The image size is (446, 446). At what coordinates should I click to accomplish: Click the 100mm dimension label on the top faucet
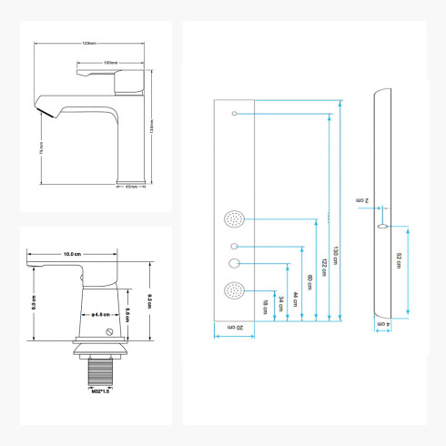click(x=110, y=63)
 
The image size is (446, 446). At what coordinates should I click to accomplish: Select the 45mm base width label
click(x=132, y=188)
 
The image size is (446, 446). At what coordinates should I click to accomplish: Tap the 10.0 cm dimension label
click(x=74, y=254)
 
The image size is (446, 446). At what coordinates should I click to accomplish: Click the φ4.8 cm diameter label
click(x=102, y=314)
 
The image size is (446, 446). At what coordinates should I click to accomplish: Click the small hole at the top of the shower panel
click(x=235, y=113)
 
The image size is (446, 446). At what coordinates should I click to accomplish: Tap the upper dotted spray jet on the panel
click(x=234, y=218)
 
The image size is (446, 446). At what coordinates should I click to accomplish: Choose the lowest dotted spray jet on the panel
click(x=234, y=293)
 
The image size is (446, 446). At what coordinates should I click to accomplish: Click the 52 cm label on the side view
click(x=399, y=260)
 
